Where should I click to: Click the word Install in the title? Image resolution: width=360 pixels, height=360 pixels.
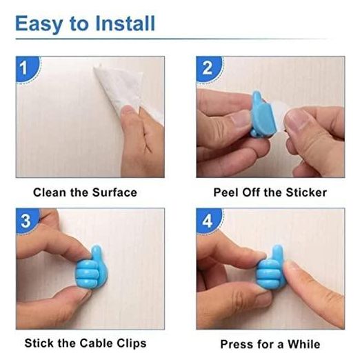pos(125,23)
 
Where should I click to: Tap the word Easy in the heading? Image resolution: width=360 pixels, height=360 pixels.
pos(39,24)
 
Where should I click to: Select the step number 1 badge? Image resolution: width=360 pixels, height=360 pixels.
pos(28,69)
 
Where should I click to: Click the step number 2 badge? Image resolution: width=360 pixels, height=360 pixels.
pos(208,69)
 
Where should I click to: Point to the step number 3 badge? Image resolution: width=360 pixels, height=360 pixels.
pos(28,221)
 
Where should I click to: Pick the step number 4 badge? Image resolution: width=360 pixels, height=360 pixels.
pos(208,221)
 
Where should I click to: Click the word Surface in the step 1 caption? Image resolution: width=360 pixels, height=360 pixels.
pos(114,192)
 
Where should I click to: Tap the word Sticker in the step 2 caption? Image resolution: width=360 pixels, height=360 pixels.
pos(306,192)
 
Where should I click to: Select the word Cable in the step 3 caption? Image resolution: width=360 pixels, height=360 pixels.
pos(97,343)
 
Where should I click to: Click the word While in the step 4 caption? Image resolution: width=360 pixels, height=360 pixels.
pos(303,344)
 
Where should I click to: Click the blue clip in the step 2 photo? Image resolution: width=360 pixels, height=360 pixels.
pos(262,115)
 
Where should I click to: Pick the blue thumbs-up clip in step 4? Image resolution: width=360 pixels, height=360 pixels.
pos(270,267)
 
